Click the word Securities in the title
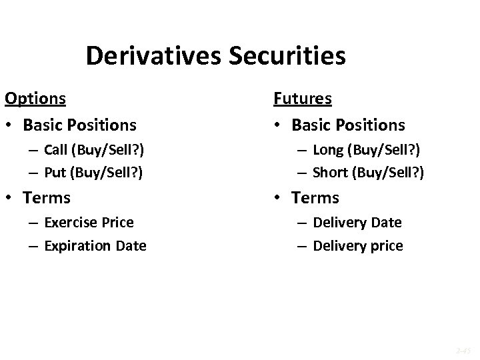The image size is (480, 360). pyautogui.click(x=287, y=56)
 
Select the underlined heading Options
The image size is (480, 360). pyautogui.click(x=35, y=99)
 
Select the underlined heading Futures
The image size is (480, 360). pyautogui.click(x=302, y=99)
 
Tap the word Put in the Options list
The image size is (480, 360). pyautogui.click(x=55, y=172)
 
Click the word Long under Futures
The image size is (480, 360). pyautogui.click(x=327, y=149)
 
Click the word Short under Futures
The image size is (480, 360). pyautogui.click(x=329, y=172)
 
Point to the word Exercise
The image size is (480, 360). pyautogui.click(x=70, y=222)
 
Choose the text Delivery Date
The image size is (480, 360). pyautogui.click(x=357, y=222)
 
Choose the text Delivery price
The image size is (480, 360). pyautogui.click(x=357, y=245)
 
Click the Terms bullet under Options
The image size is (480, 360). pyautogui.click(x=47, y=198)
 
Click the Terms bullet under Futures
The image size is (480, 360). pyautogui.click(x=315, y=198)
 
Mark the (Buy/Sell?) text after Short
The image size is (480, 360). pyautogui.click(x=389, y=172)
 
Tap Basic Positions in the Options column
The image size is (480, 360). pyautogui.click(x=79, y=125)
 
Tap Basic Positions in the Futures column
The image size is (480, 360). pyautogui.click(x=348, y=125)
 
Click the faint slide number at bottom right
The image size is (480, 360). pyautogui.click(x=463, y=348)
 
